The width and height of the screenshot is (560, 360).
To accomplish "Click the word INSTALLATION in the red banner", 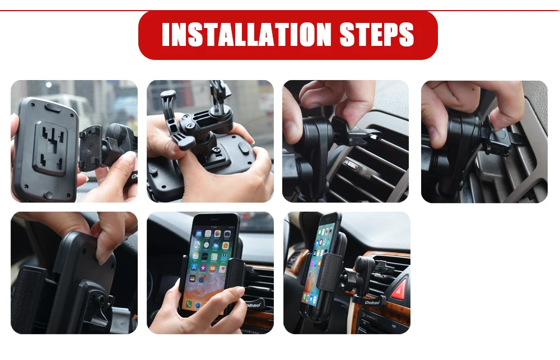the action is coord(247,34).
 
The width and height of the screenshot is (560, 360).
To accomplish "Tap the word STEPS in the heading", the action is coord(376,34).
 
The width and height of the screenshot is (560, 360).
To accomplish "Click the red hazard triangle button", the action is coord(399,289).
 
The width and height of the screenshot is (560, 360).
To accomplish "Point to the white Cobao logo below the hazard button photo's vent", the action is coord(372,302).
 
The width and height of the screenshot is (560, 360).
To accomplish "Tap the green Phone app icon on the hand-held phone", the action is coord(189,304).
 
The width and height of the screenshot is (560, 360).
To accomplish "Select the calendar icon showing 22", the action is coord(208,233).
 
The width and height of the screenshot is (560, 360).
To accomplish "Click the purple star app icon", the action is coord(203,268).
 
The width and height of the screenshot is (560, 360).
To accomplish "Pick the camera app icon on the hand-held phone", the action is coord(227,234).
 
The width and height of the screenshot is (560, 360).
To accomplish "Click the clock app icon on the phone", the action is coord(207,245).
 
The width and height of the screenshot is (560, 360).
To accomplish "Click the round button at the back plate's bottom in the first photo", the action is coord(48,195).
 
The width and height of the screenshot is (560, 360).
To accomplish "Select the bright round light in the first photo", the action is coord(49,85).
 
